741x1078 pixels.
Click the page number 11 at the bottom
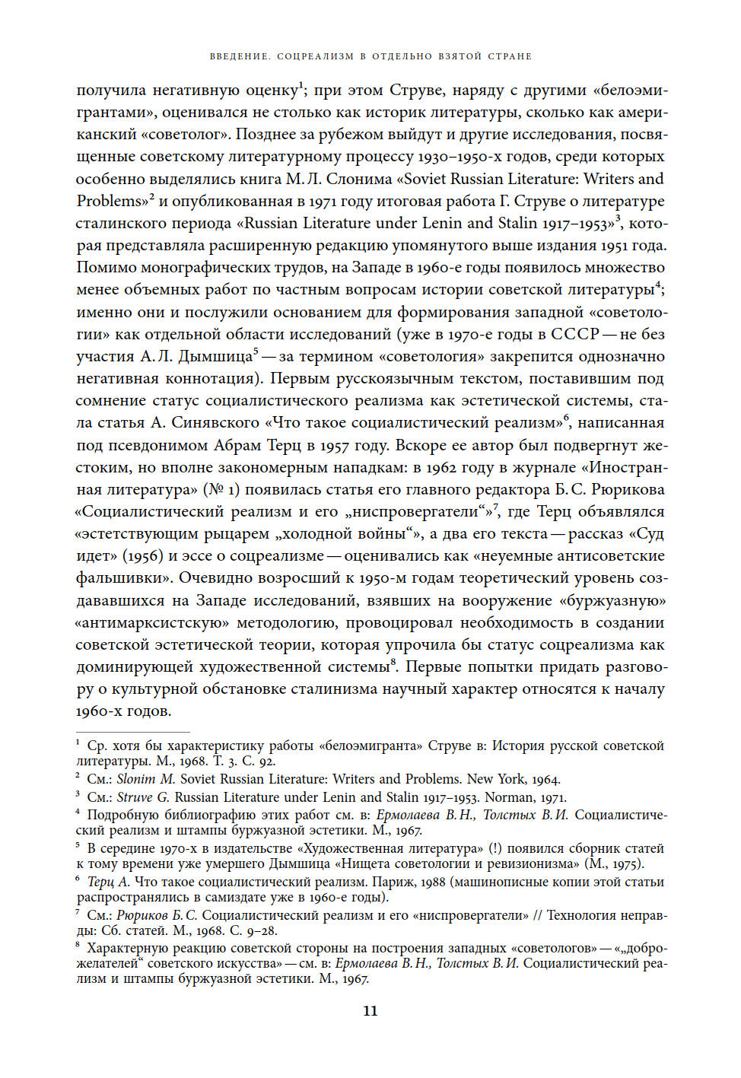click(x=370, y=1010)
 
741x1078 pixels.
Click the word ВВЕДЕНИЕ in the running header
click(x=239, y=56)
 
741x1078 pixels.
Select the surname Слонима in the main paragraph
click(x=358, y=179)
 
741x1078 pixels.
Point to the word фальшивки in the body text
click(x=121, y=578)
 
